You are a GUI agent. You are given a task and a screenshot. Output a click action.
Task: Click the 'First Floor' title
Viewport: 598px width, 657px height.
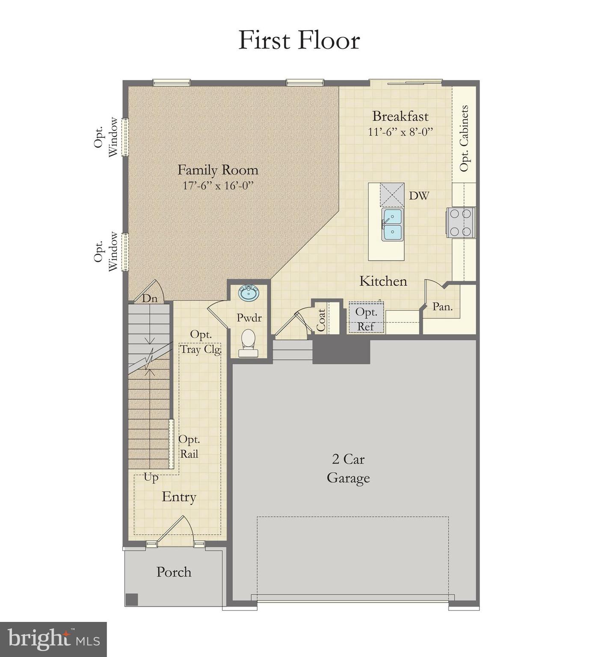[299, 40]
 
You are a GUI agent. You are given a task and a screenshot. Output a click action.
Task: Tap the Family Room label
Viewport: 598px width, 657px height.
[218, 170]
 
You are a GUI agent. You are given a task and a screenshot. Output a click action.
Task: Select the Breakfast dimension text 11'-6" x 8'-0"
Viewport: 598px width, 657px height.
[400, 132]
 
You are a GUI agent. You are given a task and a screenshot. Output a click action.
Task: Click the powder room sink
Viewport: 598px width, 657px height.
[249, 293]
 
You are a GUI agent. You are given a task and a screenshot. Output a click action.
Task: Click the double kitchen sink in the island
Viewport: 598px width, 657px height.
[393, 224]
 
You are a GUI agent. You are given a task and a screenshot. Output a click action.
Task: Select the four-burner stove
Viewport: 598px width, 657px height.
[461, 222]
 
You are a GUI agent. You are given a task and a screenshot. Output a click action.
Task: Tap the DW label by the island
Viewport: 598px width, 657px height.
[419, 196]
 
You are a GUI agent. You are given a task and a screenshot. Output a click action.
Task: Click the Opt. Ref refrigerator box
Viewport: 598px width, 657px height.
[366, 319]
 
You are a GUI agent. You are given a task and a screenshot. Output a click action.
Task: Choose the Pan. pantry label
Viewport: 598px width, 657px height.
[442, 306]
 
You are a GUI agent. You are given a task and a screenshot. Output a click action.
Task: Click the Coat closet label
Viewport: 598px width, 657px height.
[321, 320]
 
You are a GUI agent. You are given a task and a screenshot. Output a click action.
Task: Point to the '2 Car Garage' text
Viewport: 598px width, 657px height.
[348, 468]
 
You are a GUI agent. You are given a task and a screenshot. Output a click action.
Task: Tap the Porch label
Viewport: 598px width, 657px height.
[174, 572]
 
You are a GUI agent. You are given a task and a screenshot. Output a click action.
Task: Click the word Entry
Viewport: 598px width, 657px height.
[179, 497]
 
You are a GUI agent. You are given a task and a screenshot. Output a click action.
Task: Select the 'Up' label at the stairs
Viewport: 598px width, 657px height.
[151, 477]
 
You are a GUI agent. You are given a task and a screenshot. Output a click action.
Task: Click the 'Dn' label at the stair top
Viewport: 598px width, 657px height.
[150, 298]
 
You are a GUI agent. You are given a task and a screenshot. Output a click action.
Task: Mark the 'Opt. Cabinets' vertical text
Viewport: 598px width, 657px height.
[464, 138]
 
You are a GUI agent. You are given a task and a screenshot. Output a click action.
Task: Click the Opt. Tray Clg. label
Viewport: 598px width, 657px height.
[200, 342]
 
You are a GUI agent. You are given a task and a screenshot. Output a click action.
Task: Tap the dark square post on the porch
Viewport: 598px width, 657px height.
[132, 599]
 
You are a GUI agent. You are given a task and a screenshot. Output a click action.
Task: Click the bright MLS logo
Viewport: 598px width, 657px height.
[53, 639]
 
